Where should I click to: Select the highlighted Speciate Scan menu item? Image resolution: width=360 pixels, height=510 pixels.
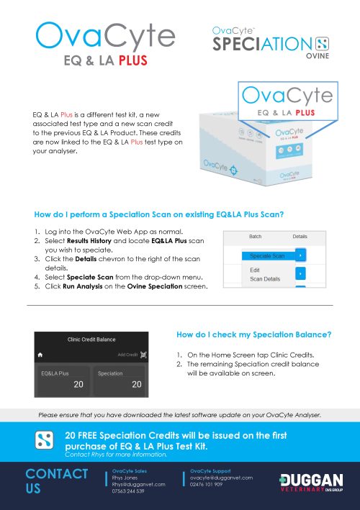tap(267, 255)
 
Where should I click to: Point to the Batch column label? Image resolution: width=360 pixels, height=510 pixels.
tap(255, 236)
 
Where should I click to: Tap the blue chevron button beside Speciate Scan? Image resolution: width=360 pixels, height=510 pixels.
tap(302, 255)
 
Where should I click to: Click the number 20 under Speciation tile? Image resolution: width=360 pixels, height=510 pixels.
tap(136, 385)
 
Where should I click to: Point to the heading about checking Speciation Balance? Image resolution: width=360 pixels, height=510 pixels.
tap(253, 334)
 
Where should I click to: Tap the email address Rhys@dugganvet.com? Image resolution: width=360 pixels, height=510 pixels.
tap(139, 484)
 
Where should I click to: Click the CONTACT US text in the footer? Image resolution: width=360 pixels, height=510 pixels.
tap(56, 481)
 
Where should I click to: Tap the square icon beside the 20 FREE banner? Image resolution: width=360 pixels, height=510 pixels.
tap(46, 441)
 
